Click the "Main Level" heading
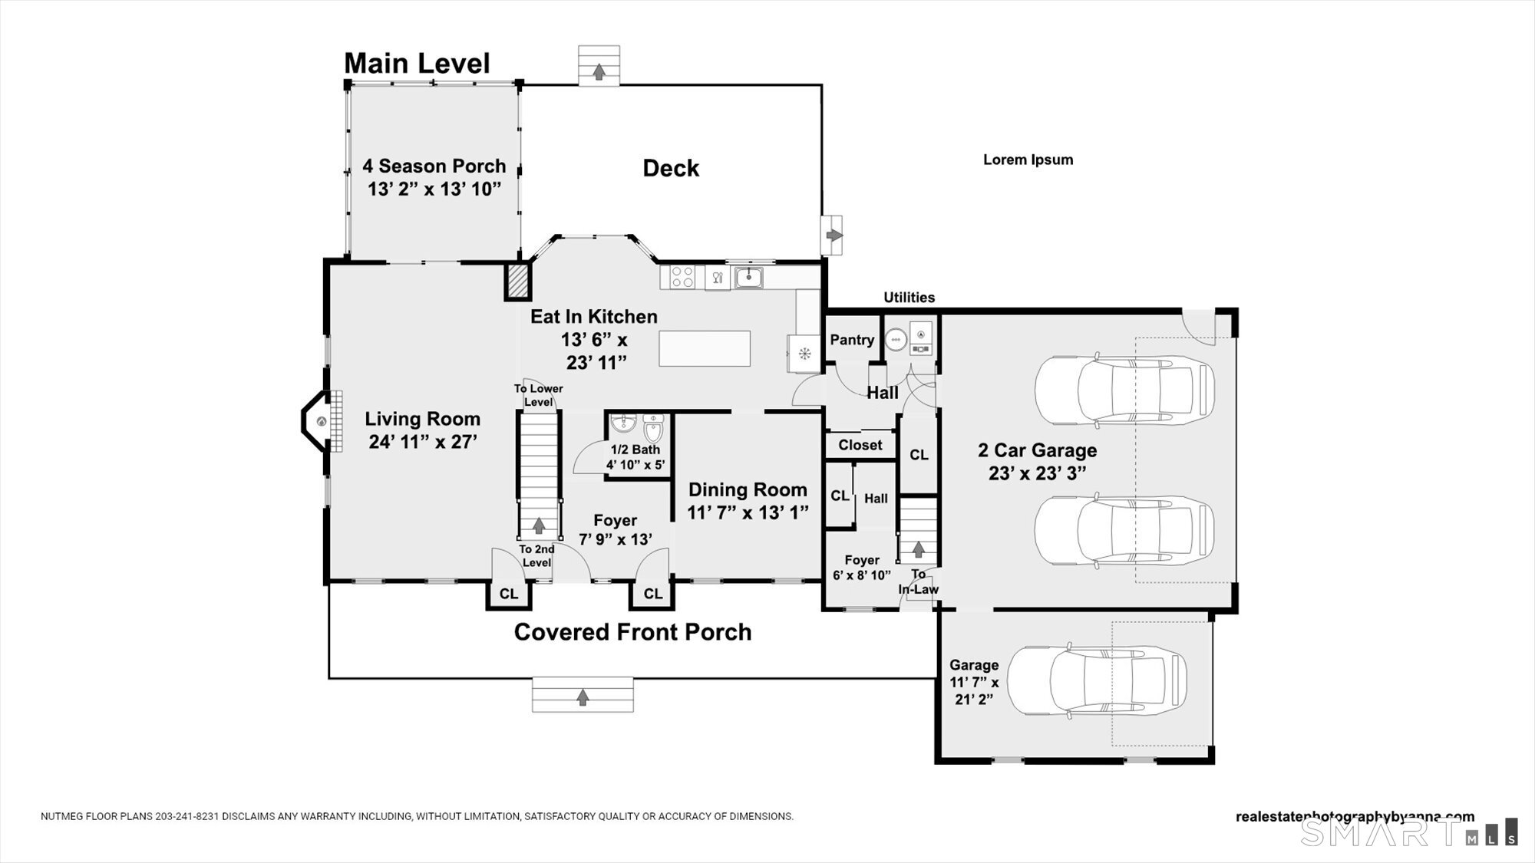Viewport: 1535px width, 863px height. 417,64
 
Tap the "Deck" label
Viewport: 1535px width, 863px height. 671,169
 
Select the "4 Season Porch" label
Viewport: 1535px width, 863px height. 434,166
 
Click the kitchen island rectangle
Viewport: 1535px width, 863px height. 705,348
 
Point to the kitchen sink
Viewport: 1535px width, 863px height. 748,277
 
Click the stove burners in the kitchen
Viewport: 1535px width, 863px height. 682,277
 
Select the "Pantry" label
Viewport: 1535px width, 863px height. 852,340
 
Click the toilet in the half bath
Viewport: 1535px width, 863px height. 653,428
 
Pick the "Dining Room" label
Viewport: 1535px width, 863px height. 748,489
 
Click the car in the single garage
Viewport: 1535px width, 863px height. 1097,680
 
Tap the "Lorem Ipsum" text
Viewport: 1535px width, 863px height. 1028,160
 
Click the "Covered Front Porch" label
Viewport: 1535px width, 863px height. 632,632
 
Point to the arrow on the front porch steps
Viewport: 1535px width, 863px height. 583,697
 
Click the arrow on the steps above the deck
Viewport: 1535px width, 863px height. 599,72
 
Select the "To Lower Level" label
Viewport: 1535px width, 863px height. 539,395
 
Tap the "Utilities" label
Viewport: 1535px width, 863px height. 909,298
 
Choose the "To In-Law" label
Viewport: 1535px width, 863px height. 919,581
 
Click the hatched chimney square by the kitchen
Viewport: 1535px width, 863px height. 517,282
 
